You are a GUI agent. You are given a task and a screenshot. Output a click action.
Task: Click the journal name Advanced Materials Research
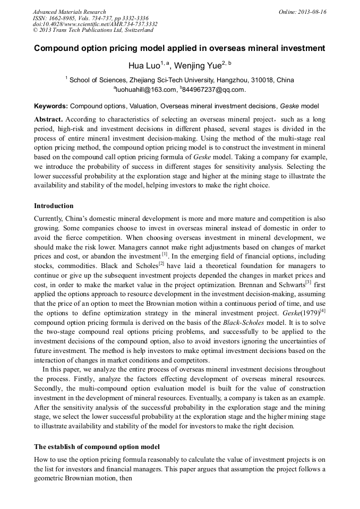(69, 12)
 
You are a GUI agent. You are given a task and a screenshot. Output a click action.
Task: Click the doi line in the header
(95, 24)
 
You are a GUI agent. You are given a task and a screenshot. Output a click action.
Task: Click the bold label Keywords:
(51, 106)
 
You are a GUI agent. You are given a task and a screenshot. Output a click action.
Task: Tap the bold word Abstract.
(48, 119)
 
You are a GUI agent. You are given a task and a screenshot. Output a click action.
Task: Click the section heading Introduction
(54, 205)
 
